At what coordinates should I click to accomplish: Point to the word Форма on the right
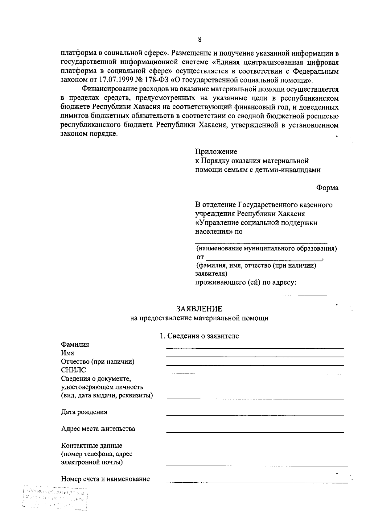pyautogui.click(x=327, y=188)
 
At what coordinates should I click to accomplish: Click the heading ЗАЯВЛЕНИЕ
pyautogui.click(x=199, y=309)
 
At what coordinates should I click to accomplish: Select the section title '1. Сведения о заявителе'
pyautogui.click(x=199, y=336)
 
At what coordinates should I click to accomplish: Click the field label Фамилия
pyautogui.click(x=75, y=345)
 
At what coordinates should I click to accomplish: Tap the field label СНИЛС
pyautogui.click(x=73, y=370)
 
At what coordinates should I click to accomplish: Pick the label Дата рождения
pyautogui.click(x=84, y=412)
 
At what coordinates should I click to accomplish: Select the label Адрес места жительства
pyautogui.click(x=98, y=429)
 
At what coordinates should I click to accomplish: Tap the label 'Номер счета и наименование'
pyautogui.click(x=105, y=479)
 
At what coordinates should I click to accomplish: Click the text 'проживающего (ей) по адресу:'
pyautogui.click(x=246, y=282)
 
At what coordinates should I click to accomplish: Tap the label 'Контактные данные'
pyautogui.click(x=92, y=446)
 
